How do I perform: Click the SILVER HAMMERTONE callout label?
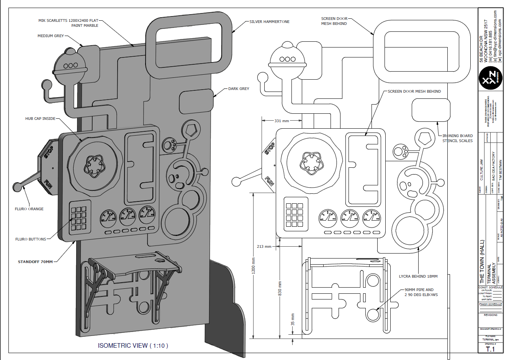pyautogui.click(x=269, y=22)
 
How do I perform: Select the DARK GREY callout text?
pyautogui.click(x=239, y=89)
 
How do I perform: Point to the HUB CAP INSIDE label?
pyautogui.click(x=40, y=119)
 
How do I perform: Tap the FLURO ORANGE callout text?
pyautogui.click(x=29, y=209)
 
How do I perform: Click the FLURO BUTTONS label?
pyautogui.click(x=31, y=239)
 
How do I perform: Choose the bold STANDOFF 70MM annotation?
pyautogui.click(x=35, y=262)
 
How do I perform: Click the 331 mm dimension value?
pyautogui.click(x=282, y=121)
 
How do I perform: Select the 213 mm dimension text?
pyautogui.click(x=264, y=247)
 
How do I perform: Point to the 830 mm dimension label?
pyautogui.click(x=280, y=289)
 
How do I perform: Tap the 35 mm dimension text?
pyautogui.click(x=293, y=320)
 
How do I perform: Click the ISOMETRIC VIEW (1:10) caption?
pyautogui.click(x=133, y=346)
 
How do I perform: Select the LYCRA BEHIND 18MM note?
pyautogui.click(x=418, y=277)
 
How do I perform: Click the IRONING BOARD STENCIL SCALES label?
pyautogui.click(x=457, y=138)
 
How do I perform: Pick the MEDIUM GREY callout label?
pyautogui.click(x=51, y=36)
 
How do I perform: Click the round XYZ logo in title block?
pyautogui.click(x=490, y=78)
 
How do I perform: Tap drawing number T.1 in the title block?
pyautogui.click(x=490, y=349)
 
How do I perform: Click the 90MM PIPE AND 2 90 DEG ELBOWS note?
pyautogui.click(x=421, y=292)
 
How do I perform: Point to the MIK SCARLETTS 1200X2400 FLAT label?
pyautogui.click(x=68, y=21)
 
